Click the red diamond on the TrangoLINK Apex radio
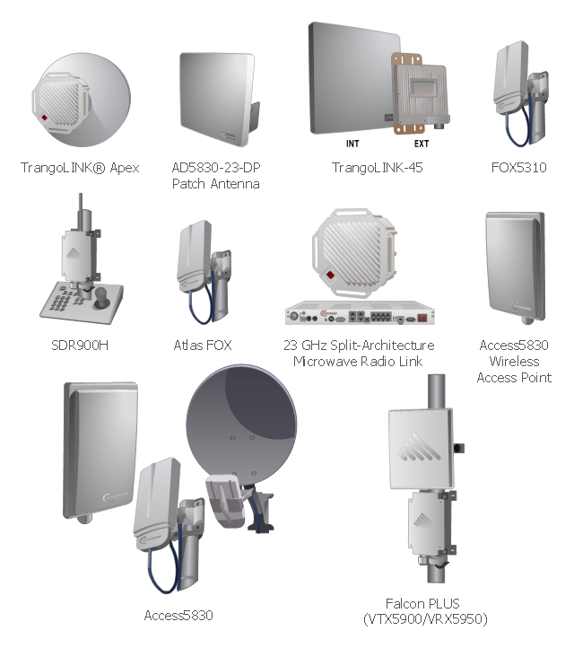point(44,118)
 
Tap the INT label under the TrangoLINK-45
point(352,144)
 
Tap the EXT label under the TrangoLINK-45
point(422,144)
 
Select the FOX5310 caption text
point(518,167)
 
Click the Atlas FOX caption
point(203,345)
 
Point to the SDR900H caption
point(80,345)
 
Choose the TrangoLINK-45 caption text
point(377,167)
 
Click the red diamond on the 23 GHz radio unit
point(330,275)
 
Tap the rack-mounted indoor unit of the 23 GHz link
point(360,313)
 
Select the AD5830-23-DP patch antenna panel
point(217,100)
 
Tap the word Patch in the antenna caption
point(188,183)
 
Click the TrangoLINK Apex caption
point(80,167)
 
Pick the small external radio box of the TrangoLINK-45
point(421,95)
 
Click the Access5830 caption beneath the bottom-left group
point(178,616)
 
